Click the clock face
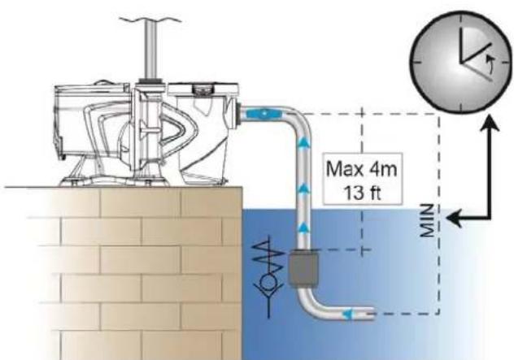461,63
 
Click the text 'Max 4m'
362,169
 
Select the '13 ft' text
362,193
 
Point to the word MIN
429,220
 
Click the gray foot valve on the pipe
303,268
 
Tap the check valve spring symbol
268,258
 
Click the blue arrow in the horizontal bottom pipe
346,314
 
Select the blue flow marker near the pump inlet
264,114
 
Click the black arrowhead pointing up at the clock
490,124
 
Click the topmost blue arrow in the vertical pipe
304,141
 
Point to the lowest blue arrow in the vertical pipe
304,227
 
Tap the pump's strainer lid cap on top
203,89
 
